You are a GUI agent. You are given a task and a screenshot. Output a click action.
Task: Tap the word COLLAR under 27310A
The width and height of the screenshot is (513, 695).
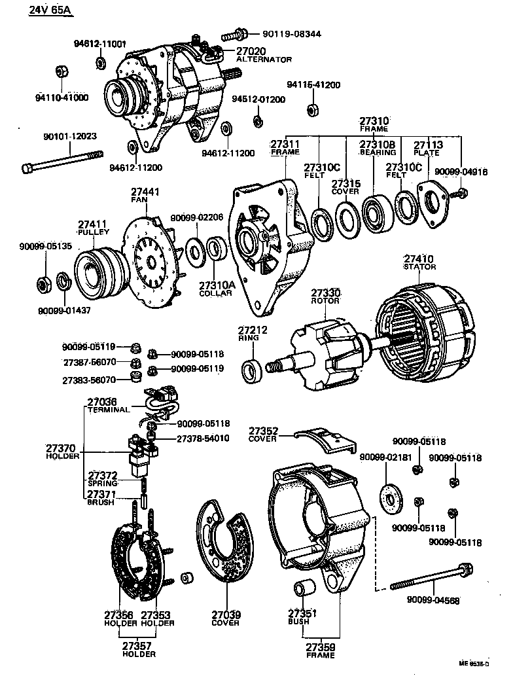click(216, 294)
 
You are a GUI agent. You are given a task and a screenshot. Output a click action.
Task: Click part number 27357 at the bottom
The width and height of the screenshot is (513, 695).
click(138, 645)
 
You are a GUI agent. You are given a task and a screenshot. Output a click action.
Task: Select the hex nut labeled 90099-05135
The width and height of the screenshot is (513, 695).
click(43, 283)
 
